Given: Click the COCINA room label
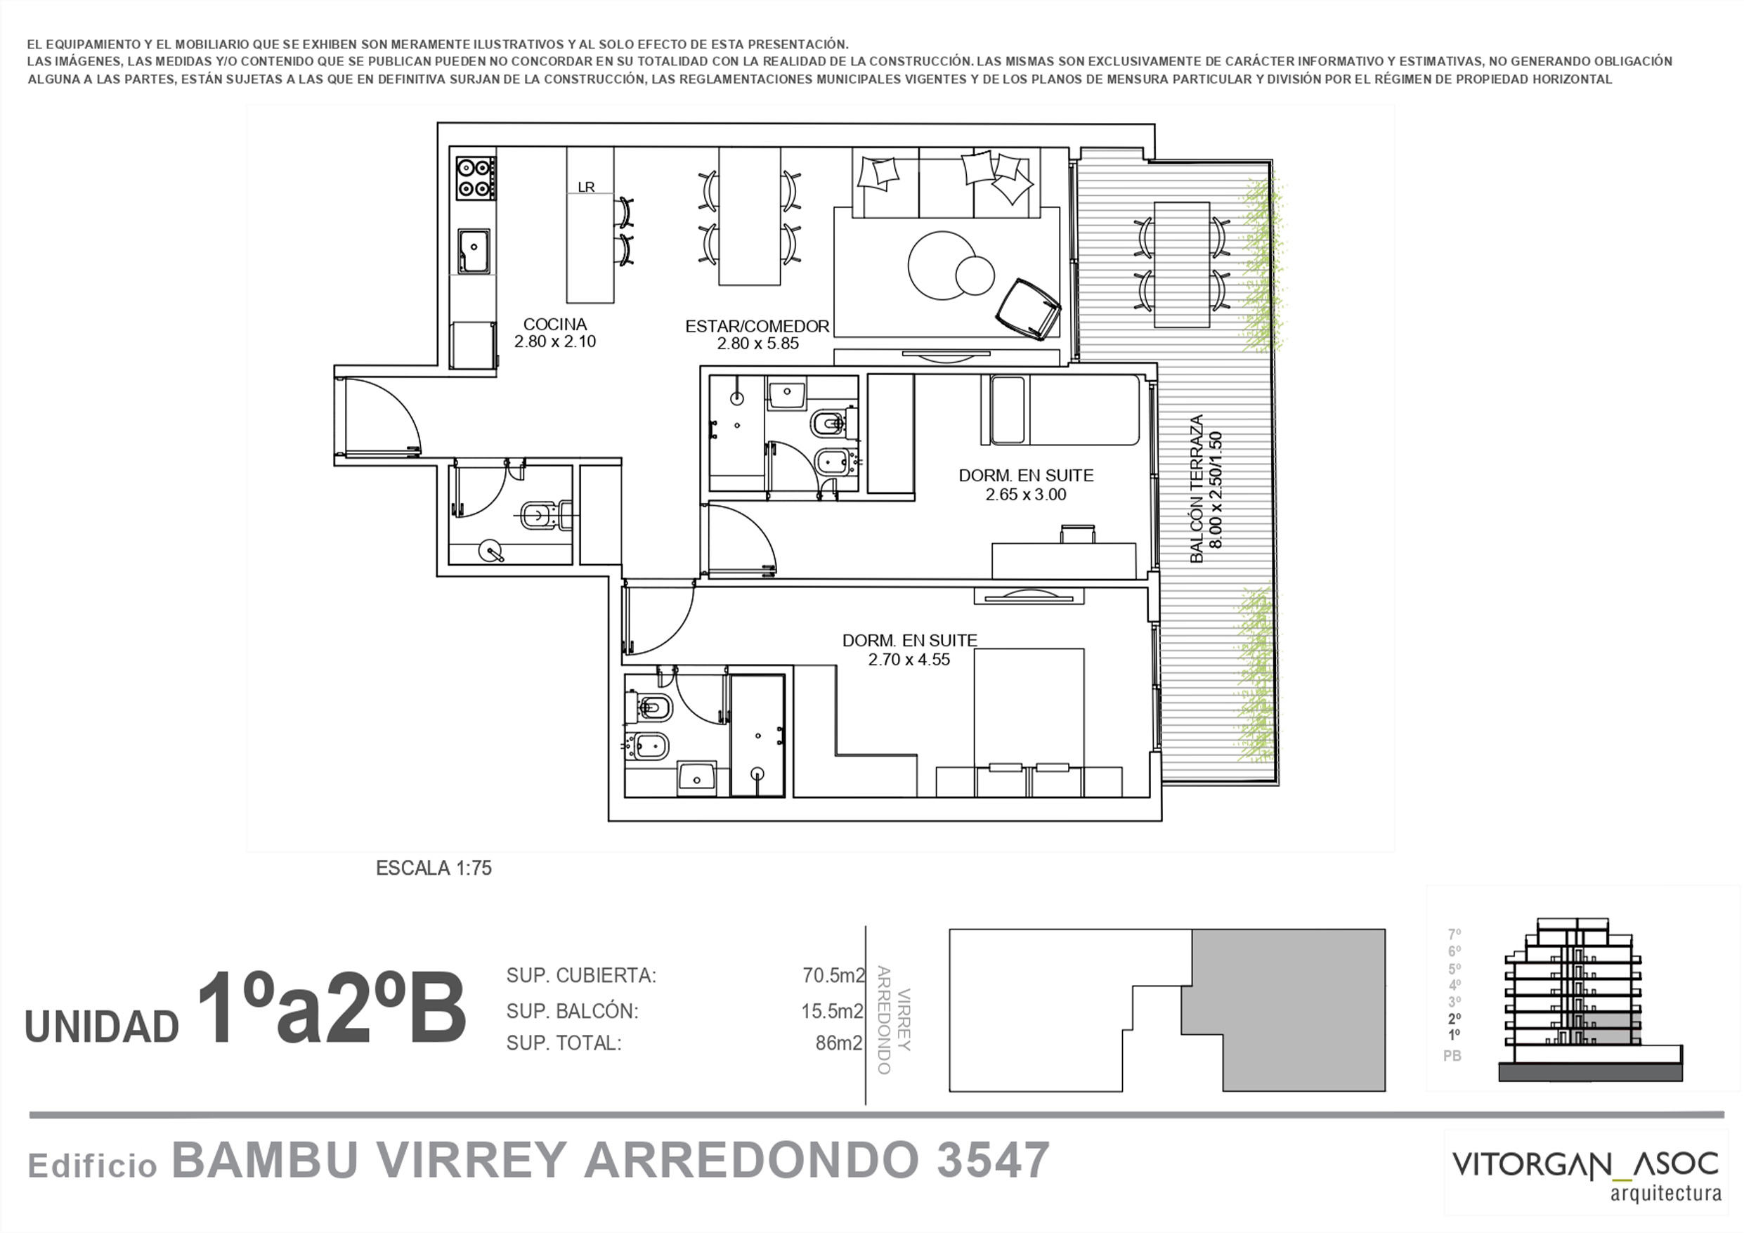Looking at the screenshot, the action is pyautogui.click(x=554, y=325).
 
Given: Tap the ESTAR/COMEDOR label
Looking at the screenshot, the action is pyautogui.click(x=757, y=327).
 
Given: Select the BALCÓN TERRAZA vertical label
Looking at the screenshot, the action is pyautogui.click(x=1197, y=489).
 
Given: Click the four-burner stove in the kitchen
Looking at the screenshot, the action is pyautogui.click(x=476, y=178).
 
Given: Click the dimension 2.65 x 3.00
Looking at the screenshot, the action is pyautogui.click(x=1026, y=495).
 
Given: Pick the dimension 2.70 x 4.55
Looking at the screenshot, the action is pyautogui.click(x=909, y=660).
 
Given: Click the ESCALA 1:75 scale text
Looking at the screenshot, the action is pyautogui.click(x=434, y=868).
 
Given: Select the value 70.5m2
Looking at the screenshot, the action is pyautogui.click(x=833, y=975).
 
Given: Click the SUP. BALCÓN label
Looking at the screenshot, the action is pyautogui.click(x=573, y=1011).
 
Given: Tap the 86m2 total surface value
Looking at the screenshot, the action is pyautogui.click(x=840, y=1043).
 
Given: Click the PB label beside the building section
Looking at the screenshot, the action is pyautogui.click(x=1452, y=1056).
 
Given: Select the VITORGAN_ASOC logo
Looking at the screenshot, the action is pyautogui.click(x=1585, y=1175).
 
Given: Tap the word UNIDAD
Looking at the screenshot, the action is pyautogui.click(x=102, y=1027).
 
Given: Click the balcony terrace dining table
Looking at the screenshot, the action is pyautogui.click(x=1182, y=264).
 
